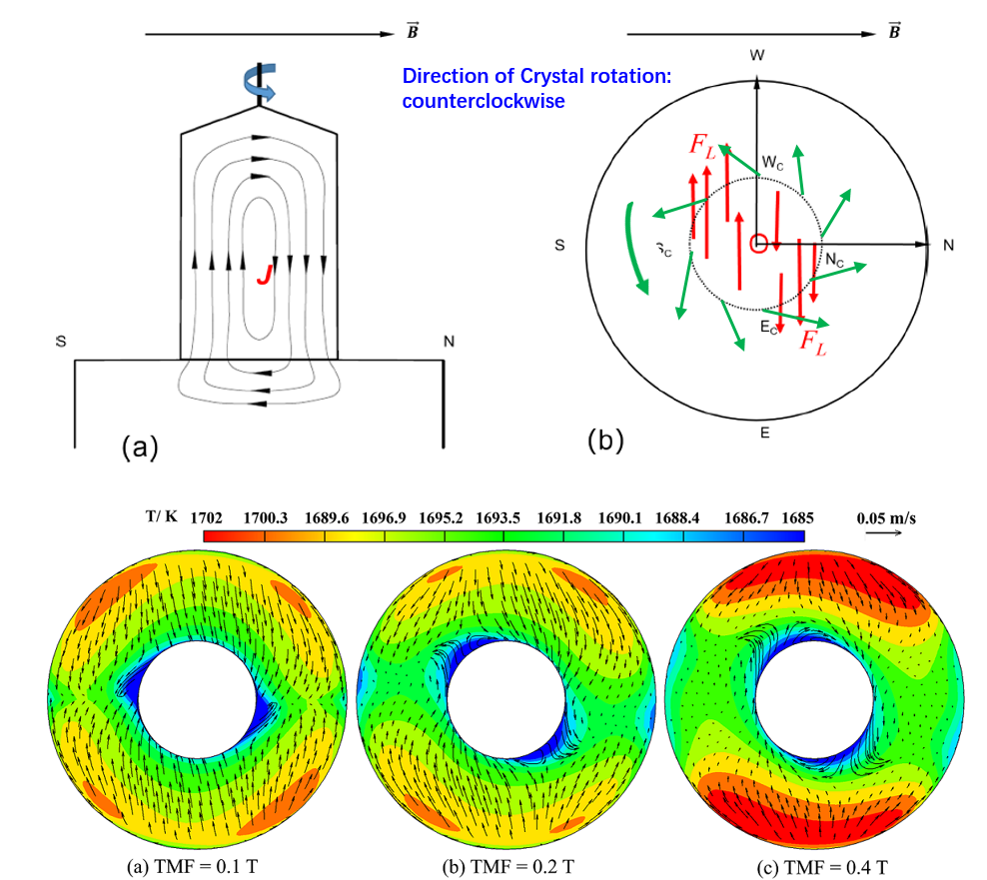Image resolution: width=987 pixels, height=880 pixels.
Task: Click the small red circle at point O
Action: pyautogui.click(x=759, y=243)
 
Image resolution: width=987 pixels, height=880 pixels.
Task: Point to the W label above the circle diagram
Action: pyautogui.click(x=756, y=55)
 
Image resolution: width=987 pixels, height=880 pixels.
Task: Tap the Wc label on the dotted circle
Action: pyautogui.click(x=773, y=162)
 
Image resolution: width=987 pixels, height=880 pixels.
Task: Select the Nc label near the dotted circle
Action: pyautogui.click(x=835, y=258)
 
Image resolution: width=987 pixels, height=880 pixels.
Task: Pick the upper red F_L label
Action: pyautogui.click(x=702, y=144)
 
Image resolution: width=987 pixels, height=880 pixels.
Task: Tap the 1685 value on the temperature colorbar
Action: pyautogui.click(x=798, y=518)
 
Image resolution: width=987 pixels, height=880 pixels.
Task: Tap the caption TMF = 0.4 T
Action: pyautogui.click(x=806, y=867)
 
